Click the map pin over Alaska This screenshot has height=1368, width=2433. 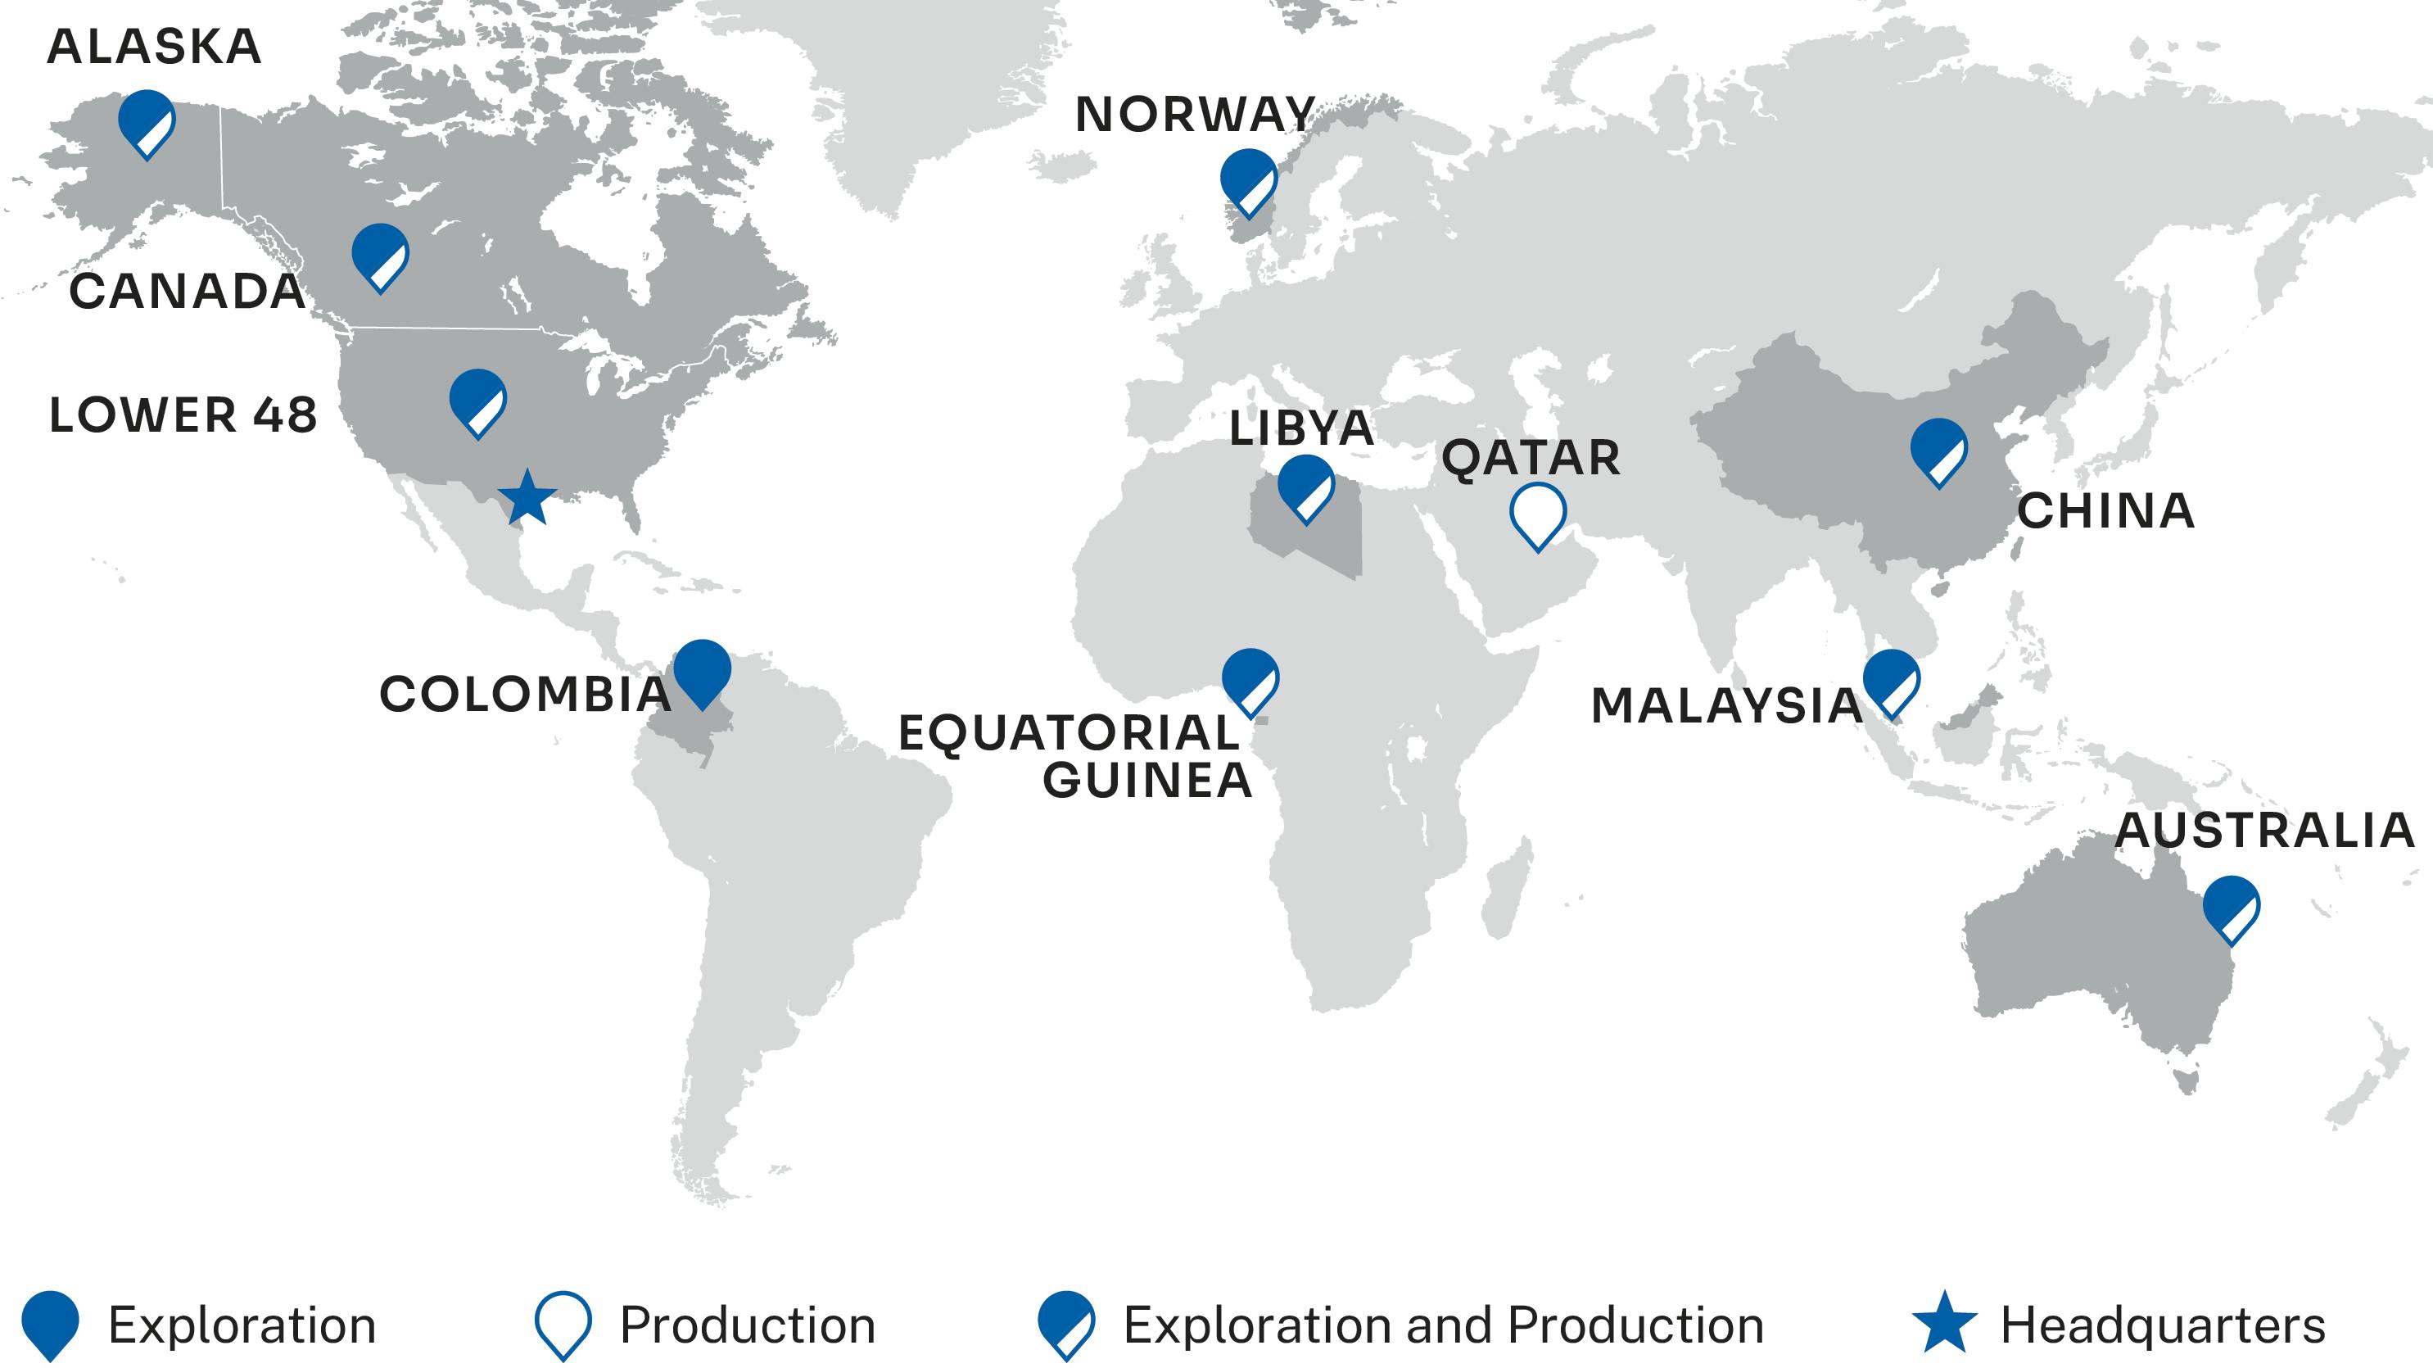click(147, 122)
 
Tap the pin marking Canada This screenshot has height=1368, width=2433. click(380, 255)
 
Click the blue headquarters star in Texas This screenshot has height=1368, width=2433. click(527, 498)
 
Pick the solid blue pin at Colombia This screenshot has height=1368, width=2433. click(702, 671)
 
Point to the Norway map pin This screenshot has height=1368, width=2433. click(1248, 180)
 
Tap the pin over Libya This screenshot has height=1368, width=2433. click(1305, 486)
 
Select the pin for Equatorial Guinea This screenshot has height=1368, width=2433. click(1250, 680)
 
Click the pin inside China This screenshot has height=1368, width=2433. click(1938, 450)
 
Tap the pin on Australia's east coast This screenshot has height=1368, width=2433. click(2231, 907)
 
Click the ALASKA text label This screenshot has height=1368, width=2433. click(154, 48)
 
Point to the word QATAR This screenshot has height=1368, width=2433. click(1530, 458)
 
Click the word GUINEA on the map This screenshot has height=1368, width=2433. click(1146, 781)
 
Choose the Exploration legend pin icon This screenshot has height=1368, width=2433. click(50, 1323)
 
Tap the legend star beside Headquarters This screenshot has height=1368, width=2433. click(1944, 1324)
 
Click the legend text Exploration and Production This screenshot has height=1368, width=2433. click(1442, 1325)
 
